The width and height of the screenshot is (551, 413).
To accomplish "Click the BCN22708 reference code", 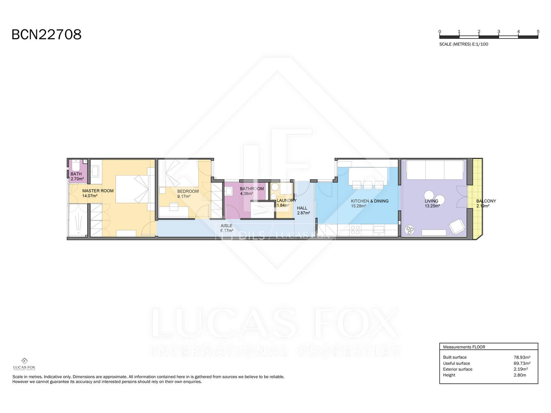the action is [46, 34].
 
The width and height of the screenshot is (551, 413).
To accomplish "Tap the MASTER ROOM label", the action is [98, 191].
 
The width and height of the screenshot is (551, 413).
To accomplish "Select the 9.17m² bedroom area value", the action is [184, 196].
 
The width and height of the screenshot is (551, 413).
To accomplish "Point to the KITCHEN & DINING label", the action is [370, 201].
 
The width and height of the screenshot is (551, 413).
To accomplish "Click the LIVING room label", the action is [432, 201].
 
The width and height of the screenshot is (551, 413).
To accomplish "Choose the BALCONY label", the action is [486, 201].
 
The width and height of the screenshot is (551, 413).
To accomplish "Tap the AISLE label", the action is [226, 226].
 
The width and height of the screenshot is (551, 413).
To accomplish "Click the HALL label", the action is [302, 208].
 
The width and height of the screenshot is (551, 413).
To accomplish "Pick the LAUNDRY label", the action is [287, 201].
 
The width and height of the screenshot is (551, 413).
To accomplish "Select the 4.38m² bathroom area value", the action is [247, 194].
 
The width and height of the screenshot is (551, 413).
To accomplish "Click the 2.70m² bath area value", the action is [77, 179].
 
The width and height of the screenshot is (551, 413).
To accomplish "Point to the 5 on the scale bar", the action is [538, 32].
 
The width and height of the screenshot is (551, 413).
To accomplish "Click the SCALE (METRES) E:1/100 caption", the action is [464, 44].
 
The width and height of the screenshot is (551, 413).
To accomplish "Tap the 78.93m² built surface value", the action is [522, 357].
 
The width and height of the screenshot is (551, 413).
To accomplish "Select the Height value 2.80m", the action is [520, 375].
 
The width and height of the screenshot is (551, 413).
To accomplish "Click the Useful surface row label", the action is [456, 363].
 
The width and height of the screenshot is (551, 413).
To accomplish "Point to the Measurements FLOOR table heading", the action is [464, 347].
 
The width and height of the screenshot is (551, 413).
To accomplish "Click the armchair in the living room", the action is [457, 227].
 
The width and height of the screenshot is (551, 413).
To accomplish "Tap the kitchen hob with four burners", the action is [355, 230].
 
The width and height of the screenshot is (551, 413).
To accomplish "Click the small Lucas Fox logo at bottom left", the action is [24, 364].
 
